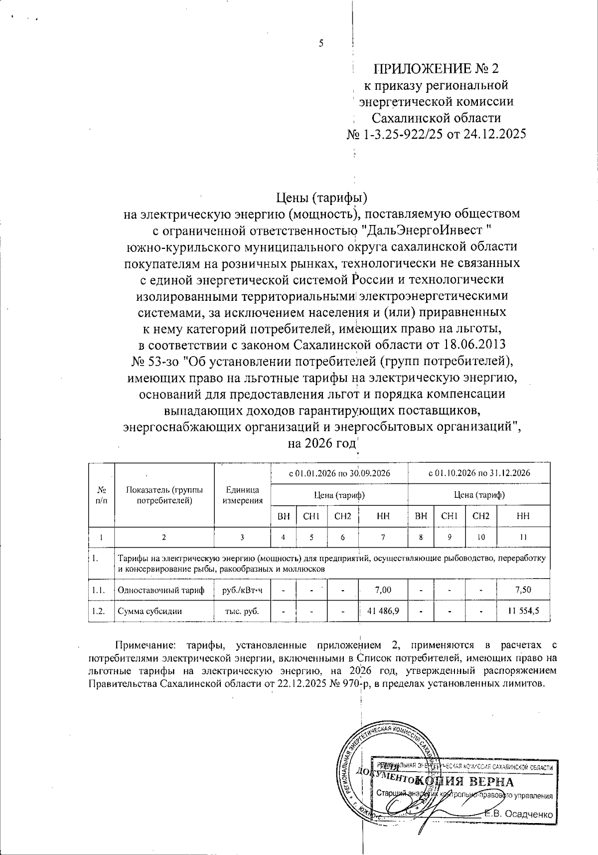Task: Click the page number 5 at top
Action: (321, 43)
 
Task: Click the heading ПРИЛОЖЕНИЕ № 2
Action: (436, 69)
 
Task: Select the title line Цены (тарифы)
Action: (321, 198)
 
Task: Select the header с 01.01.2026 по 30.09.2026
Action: (339, 473)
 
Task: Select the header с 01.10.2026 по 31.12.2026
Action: (479, 473)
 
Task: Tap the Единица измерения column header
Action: (242, 495)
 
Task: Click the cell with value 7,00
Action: (383, 590)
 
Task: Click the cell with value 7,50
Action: (523, 590)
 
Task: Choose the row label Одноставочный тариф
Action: (160, 590)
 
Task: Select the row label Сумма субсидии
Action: (149, 611)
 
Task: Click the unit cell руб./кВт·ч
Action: (242, 590)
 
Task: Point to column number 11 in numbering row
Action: (523, 537)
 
